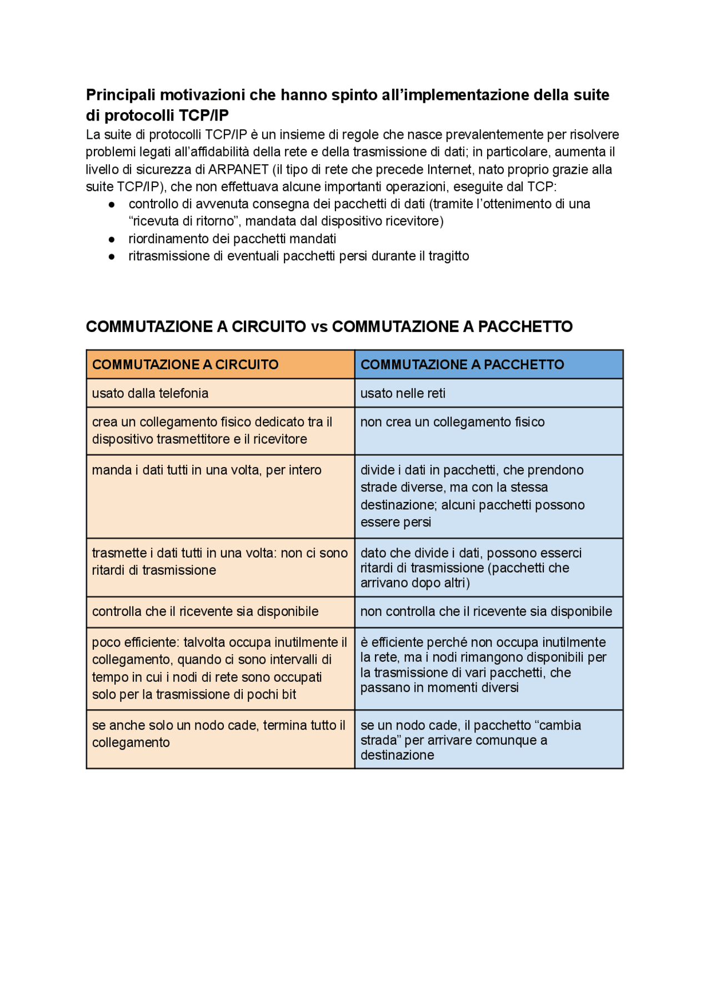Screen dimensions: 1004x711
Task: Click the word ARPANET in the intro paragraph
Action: (x=238, y=169)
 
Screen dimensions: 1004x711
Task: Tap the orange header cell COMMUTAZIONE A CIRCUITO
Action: (x=220, y=364)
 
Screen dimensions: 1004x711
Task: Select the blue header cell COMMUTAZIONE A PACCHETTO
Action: (x=488, y=364)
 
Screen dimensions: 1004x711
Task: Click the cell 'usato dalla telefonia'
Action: (x=220, y=393)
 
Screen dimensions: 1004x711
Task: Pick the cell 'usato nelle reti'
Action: (x=488, y=393)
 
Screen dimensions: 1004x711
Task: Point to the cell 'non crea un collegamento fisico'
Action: (x=488, y=430)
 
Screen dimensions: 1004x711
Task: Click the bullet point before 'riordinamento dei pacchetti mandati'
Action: (x=112, y=239)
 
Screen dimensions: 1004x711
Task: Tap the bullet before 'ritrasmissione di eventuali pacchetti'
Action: (x=112, y=257)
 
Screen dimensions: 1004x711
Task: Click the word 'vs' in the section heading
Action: (x=319, y=327)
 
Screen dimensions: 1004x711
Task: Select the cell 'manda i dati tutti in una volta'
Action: (x=220, y=496)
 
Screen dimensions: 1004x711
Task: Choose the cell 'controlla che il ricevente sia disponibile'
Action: (x=220, y=611)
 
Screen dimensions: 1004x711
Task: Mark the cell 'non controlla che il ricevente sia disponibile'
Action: (x=488, y=611)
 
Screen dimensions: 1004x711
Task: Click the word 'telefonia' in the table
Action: (x=182, y=393)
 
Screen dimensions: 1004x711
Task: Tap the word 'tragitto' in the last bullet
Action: (x=448, y=256)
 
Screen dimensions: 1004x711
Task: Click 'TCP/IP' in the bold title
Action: (x=204, y=115)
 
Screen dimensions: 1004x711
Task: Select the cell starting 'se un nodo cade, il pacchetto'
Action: (x=488, y=739)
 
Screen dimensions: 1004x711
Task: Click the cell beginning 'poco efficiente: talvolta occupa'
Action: (x=220, y=668)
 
